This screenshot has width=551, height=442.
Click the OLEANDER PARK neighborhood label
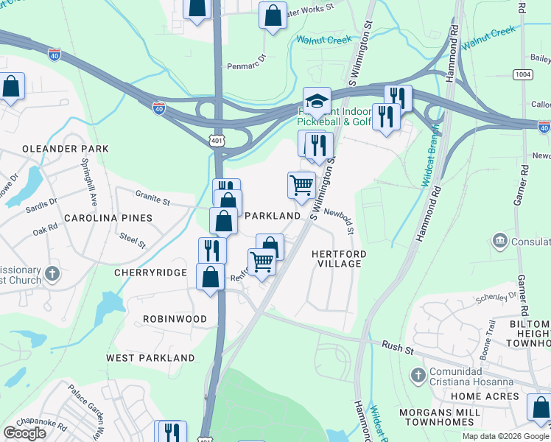tap(65, 149)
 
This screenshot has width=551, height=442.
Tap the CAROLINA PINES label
tap(108, 218)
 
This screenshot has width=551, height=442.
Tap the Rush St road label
tap(395, 345)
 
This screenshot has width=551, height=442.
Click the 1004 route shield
tap(524, 75)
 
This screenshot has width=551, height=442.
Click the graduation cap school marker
tap(317, 101)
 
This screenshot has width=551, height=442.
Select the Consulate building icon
tap(499, 241)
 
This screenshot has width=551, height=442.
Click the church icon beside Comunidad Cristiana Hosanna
tap(419, 374)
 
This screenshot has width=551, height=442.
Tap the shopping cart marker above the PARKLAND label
tap(301, 185)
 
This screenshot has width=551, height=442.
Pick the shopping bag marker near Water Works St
tap(273, 15)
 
